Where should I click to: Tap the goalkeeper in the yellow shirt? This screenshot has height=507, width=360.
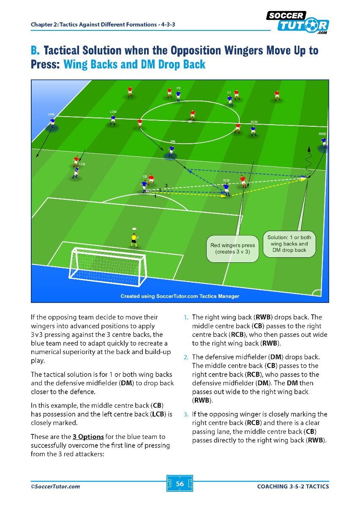(x=134, y=240)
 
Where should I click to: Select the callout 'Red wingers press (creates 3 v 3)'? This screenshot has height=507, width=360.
(x=233, y=248)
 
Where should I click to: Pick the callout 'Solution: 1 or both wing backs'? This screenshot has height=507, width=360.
(x=289, y=244)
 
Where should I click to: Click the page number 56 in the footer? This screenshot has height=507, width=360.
(x=180, y=484)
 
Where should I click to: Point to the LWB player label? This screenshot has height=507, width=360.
(x=51, y=114)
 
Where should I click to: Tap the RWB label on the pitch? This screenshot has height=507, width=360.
(x=322, y=134)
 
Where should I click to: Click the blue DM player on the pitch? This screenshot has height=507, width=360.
(x=171, y=150)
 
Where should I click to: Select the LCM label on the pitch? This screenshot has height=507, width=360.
(x=113, y=112)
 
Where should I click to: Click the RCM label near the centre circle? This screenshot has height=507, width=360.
(x=254, y=122)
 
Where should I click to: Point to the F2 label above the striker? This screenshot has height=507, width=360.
(x=178, y=88)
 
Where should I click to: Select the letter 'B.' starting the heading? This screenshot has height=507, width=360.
(x=35, y=51)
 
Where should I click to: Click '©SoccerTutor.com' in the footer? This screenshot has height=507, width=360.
(x=55, y=486)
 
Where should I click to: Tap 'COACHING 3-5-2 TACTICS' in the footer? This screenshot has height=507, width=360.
(x=293, y=486)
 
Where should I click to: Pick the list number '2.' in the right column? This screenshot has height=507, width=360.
(x=185, y=357)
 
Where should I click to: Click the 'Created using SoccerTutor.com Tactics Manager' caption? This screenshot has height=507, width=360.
(x=180, y=296)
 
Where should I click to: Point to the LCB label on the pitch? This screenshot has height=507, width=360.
(x=82, y=164)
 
